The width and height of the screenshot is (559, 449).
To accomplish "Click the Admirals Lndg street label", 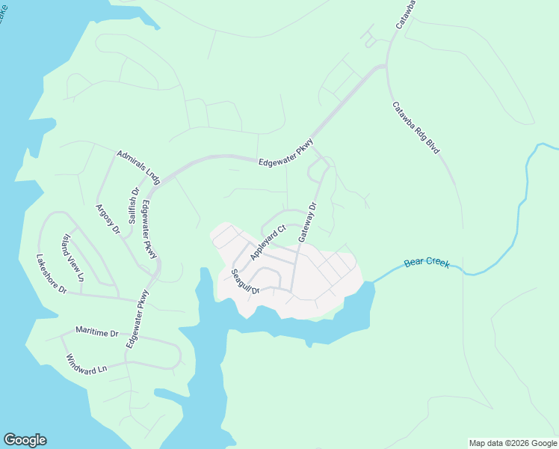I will tap(139, 167).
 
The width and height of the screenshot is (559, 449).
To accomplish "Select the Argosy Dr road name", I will tap(108, 219).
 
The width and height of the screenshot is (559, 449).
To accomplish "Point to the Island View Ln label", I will tap(73, 258).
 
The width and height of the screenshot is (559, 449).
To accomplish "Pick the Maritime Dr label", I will tap(96, 331).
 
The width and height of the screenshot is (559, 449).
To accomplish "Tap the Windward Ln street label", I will tap(87, 364).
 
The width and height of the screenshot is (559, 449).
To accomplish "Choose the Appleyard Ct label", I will tap(268, 242).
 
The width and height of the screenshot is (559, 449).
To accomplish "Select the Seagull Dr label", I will tap(244, 281).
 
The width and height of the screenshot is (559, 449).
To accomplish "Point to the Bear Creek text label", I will tap(427, 262).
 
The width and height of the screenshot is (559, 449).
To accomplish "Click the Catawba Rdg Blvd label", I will tap(416, 128).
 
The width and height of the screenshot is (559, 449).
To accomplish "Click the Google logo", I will tap(25, 440).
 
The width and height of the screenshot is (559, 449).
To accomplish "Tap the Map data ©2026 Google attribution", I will tap(513, 443).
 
